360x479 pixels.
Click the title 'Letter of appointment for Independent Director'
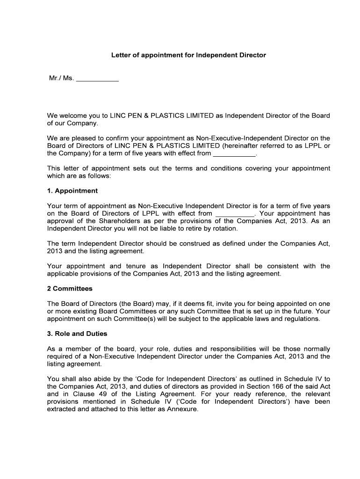click(x=188, y=55)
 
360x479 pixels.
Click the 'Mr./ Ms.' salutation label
click(x=61, y=78)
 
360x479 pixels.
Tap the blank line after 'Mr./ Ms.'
click(x=97, y=80)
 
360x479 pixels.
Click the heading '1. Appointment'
click(x=72, y=191)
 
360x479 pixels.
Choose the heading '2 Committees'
click(x=70, y=289)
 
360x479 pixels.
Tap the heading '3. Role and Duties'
click(x=77, y=334)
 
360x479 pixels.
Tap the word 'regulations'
click(x=302, y=319)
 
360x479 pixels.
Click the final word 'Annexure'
click(x=185, y=409)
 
